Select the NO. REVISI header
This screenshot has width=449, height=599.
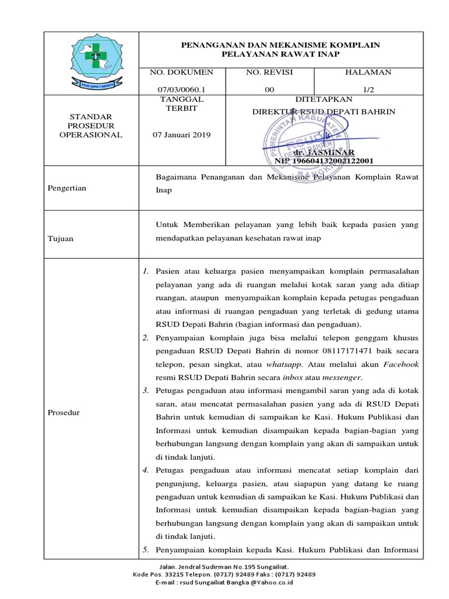click(x=269, y=72)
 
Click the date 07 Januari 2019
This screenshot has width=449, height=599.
click(x=182, y=135)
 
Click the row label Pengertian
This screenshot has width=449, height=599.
click(x=67, y=188)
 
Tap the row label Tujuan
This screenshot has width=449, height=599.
click(x=61, y=239)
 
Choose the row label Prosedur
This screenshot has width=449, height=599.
click(x=64, y=413)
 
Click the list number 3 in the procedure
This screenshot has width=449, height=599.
click(x=145, y=390)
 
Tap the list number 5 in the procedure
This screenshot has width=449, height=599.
click(x=145, y=549)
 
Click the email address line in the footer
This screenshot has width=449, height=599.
click(x=224, y=583)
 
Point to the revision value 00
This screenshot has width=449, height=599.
click(x=269, y=90)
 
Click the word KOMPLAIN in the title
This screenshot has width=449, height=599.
click(x=348, y=44)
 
